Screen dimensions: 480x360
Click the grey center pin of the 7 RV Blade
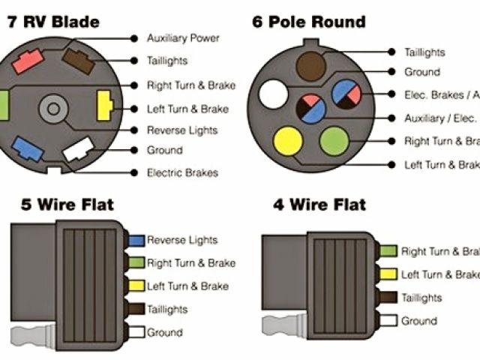pos(53,108)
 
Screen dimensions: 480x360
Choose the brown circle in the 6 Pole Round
pos(310,63)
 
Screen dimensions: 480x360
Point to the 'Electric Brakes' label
pos(182,172)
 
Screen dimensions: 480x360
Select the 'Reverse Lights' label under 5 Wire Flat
pos(182,240)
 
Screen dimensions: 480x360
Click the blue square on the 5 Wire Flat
pos(136,241)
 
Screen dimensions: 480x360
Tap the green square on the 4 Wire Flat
pos(388,251)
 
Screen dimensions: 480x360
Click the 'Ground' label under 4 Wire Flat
pos(418,321)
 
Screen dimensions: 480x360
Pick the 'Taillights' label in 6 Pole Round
pos(424,52)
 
